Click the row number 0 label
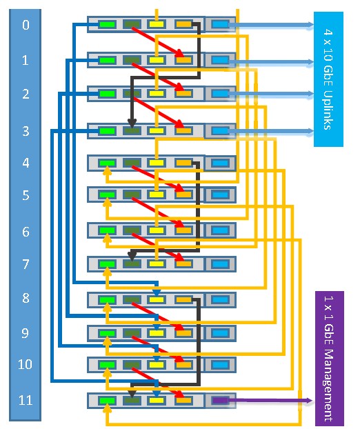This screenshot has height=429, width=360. tap(26, 25)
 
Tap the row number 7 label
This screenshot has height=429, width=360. tap(26, 264)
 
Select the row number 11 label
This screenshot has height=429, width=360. tap(26, 400)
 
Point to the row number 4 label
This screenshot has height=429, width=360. tap(26, 163)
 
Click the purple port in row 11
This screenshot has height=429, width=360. tap(221, 401)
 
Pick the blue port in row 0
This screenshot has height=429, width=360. tap(221, 25)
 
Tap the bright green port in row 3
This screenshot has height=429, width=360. tap(107, 131)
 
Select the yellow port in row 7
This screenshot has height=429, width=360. tap(157, 264)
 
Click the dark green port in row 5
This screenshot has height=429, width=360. tap(132, 194)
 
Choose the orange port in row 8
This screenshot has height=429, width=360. tap(183, 300)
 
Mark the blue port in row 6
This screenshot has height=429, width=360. tap(221, 230)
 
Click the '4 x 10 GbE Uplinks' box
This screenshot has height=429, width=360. tap(328, 79)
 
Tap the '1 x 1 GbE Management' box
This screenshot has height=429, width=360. tap(330, 359)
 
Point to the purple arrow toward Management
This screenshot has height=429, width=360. tap(263, 401)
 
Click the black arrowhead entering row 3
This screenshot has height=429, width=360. tap(132, 123)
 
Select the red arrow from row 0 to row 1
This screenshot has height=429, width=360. tap(158, 42)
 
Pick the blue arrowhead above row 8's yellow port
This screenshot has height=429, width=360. tap(156, 292)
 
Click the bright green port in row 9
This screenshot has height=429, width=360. tap(107, 333)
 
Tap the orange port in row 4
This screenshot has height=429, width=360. tap(183, 163)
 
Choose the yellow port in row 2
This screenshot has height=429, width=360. tap(157, 94)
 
